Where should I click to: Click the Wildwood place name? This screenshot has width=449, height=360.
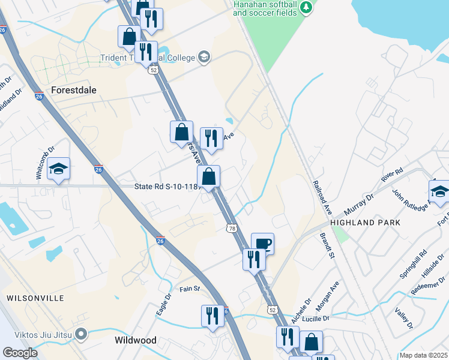(x=136, y=340)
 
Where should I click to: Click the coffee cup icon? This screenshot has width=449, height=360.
(x=262, y=244)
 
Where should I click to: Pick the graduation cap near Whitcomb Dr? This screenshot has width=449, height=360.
(x=59, y=169)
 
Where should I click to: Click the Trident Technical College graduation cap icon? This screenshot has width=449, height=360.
(x=203, y=57)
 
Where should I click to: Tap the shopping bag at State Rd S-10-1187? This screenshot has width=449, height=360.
(x=209, y=177)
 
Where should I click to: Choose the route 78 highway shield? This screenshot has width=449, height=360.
(x=232, y=228)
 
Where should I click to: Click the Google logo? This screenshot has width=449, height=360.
(x=20, y=353)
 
